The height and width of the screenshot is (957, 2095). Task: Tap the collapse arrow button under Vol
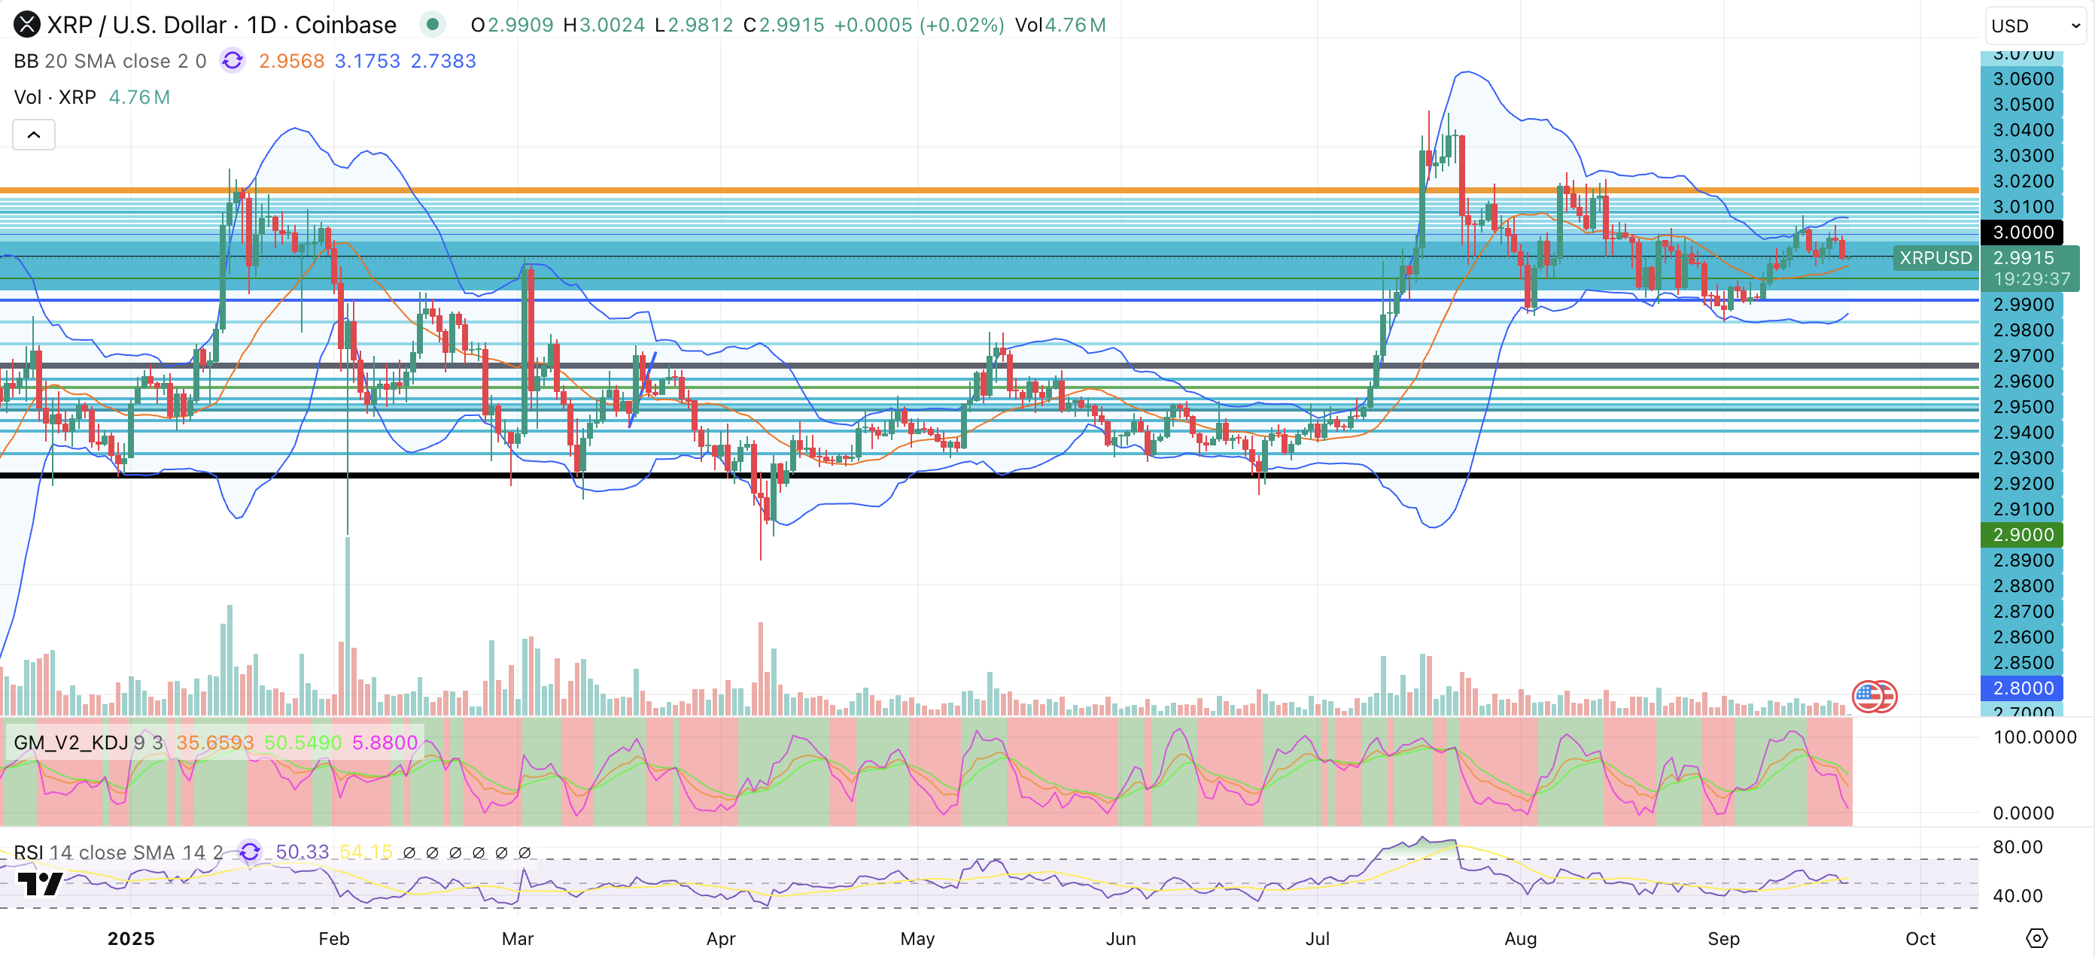pos(34,135)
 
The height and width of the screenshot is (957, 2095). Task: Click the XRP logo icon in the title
pos(27,24)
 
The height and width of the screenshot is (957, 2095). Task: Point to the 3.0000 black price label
pos(2023,232)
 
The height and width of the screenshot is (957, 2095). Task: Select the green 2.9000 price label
pos(2023,535)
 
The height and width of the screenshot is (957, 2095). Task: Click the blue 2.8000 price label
pos(2023,688)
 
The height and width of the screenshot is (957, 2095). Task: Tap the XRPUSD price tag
pos(1935,258)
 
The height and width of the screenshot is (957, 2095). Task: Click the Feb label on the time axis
pos(333,938)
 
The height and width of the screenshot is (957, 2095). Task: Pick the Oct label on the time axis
pos(1920,938)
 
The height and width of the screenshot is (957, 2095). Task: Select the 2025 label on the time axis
pos(131,938)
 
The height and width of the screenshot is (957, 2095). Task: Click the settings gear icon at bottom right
pos(2036,938)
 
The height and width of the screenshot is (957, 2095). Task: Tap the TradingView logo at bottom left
pos(39,884)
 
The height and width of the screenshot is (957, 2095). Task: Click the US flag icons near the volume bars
pos(1874,697)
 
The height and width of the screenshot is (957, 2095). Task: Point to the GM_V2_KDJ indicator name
pos(71,743)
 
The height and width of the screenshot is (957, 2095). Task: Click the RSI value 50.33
pos(302,852)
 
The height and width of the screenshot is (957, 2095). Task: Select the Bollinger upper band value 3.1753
pos(366,61)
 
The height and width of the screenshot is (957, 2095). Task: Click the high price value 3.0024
pos(611,26)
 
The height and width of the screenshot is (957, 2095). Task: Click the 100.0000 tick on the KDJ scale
pos(2034,737)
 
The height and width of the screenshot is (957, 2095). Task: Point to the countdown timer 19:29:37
pos(2031,279)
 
